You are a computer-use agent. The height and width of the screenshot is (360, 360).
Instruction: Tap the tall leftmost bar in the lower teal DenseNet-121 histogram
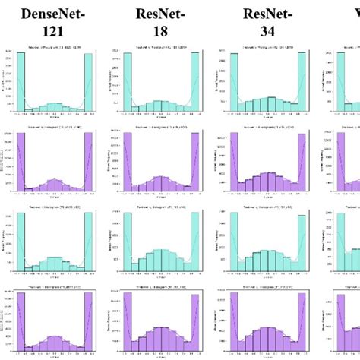coord(19,243)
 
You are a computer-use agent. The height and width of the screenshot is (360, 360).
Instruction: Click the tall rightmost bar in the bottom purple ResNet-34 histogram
coord(302,323)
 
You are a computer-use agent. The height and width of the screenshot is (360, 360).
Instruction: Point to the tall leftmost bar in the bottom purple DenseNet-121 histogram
coord(19,323)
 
